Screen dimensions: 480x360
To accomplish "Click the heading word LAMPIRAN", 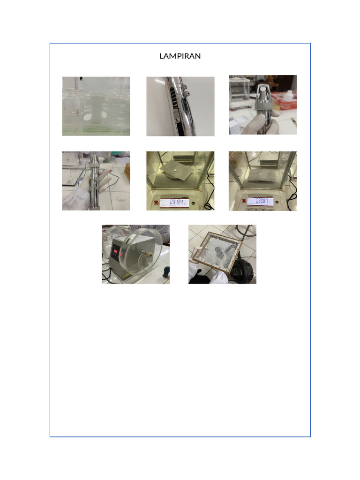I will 180,56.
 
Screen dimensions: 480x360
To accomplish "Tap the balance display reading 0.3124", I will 174,202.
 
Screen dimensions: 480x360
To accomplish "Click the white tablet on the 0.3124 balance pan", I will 174,170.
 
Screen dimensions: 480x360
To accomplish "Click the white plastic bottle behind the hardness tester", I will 289,95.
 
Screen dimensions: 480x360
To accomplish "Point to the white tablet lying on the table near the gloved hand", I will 121,198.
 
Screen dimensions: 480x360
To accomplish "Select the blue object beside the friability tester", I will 166,272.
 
